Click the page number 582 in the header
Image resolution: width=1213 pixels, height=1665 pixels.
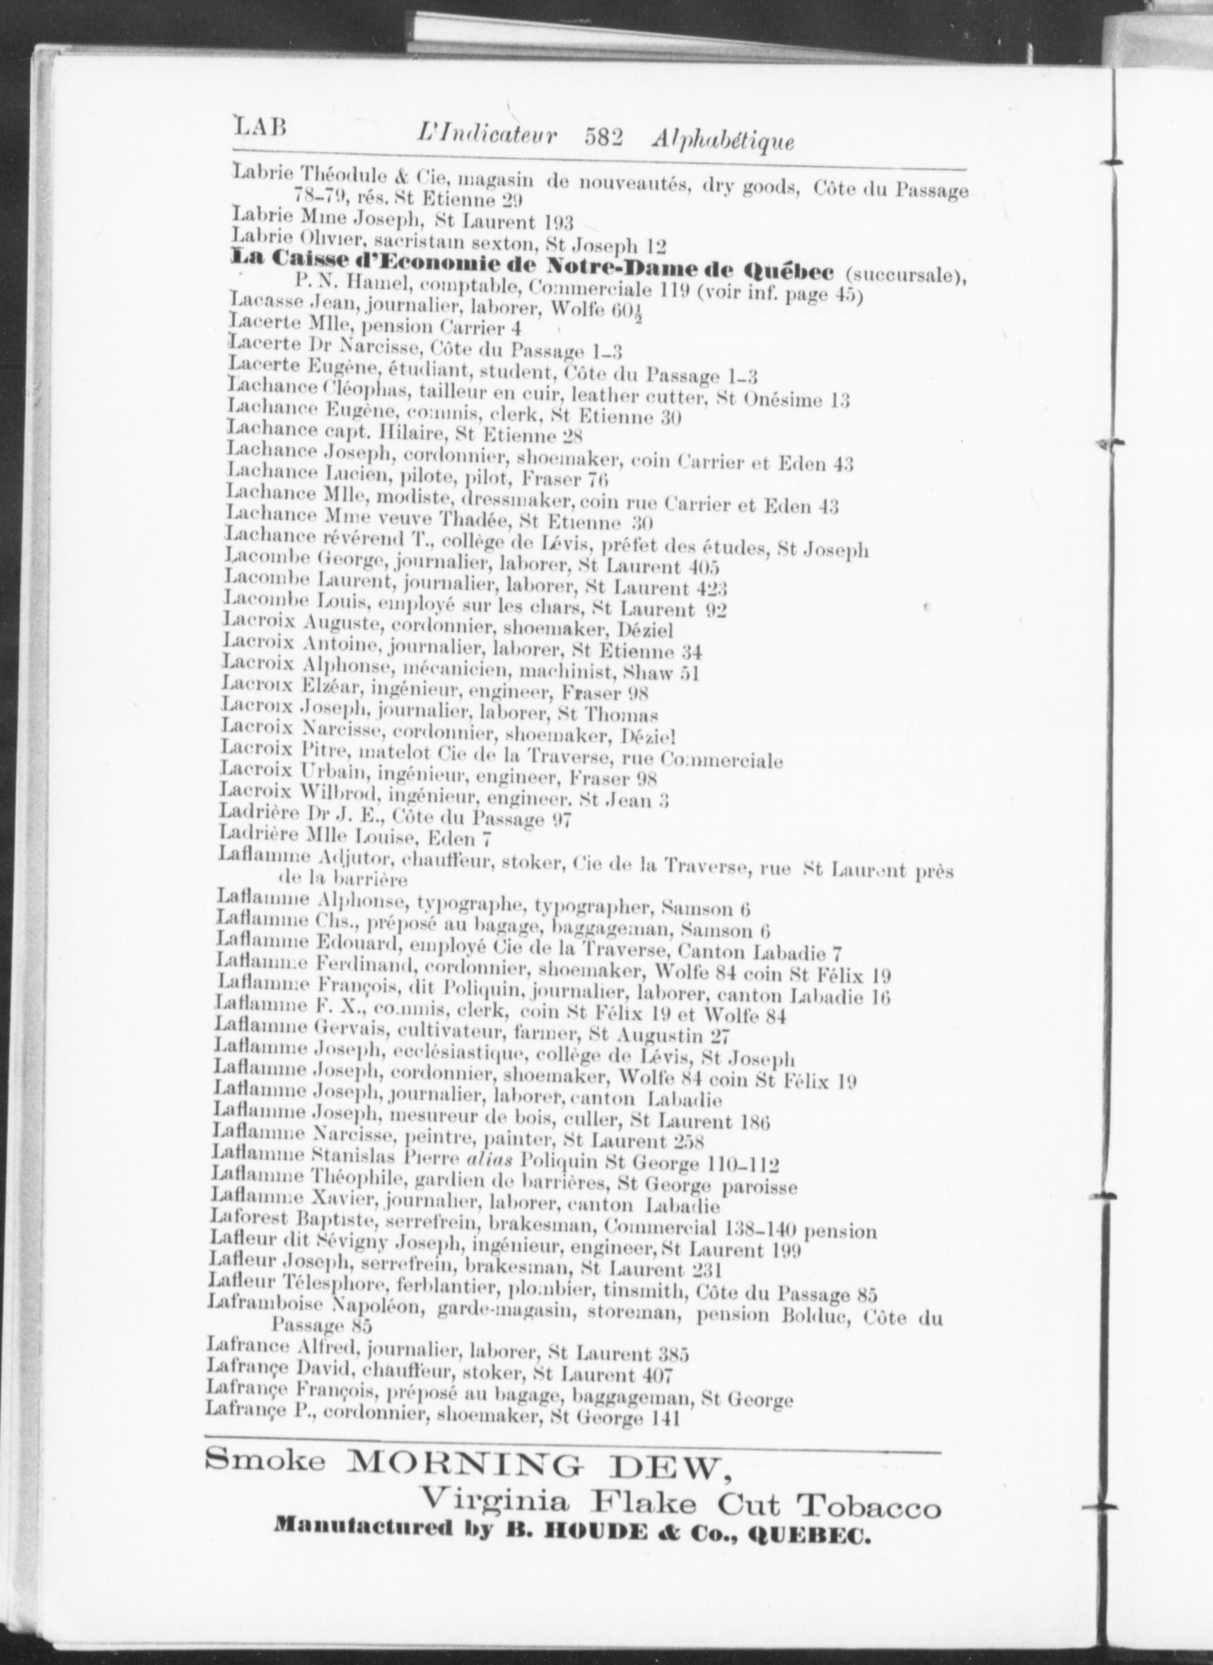click(x=604, y=137)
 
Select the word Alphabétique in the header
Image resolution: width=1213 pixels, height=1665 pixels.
click(x=722, y=140)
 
